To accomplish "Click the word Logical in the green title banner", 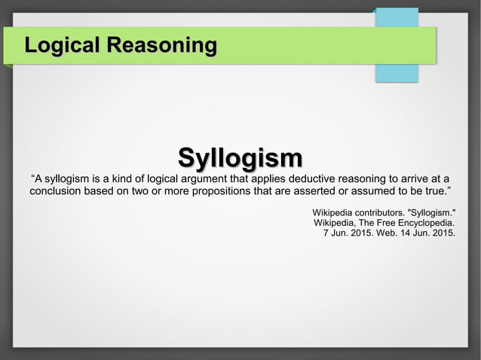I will click(63, 45).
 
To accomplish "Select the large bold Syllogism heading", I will click(240, 158).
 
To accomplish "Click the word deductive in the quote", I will click(308, 178).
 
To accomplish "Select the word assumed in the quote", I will click(371, 192).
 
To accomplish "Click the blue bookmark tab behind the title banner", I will click(397, 73).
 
